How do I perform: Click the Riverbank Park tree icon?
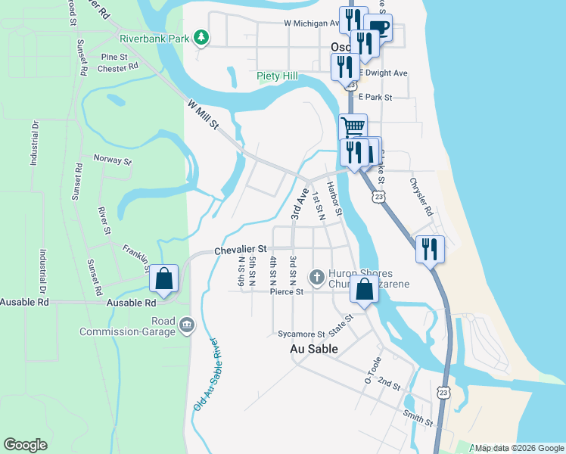(201, 37)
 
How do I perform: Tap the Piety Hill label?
(277, 76)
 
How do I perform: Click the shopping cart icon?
(353, 126)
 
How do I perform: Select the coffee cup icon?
(378, 27)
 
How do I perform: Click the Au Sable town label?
(314, 349)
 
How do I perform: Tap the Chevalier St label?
(241, 249)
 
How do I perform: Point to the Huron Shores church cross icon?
(317, 275)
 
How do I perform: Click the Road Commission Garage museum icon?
(187, 325)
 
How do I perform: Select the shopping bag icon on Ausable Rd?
(163, 278)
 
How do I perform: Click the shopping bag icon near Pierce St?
(364, 289)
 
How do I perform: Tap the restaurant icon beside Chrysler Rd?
(430, 249)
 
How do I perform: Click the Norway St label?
(112, 160)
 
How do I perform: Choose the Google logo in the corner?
(25, 445)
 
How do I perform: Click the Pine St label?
(114, 57)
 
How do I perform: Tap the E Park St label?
(375, 97)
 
